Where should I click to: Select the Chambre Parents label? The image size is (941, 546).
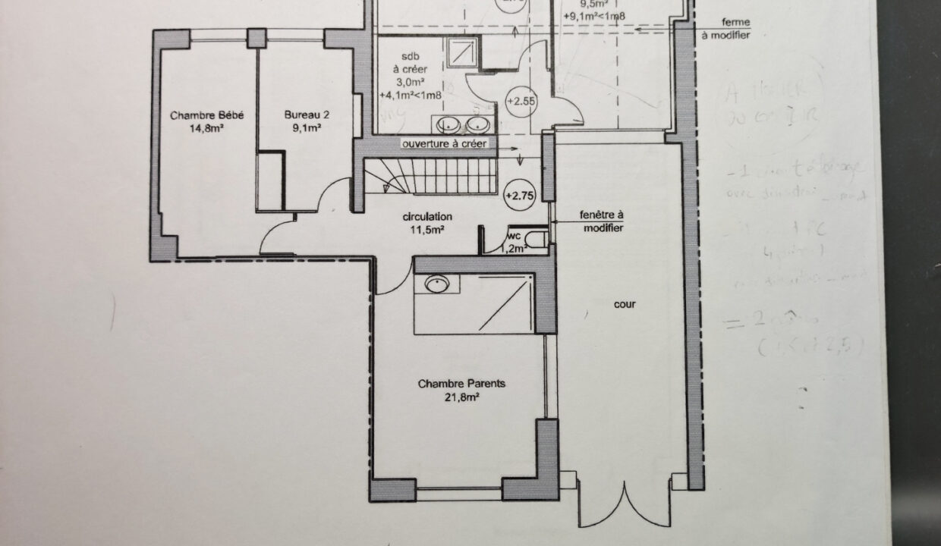[x=461, y=384]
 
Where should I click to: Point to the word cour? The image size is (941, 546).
[x=625, y=305]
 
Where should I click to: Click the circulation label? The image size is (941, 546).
[x=426, y=216]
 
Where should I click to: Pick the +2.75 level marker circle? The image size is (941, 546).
[x=520, y=195]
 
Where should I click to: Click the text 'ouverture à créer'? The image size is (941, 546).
[x=445, y=143]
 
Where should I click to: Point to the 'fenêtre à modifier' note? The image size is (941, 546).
[x=602, y=221]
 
